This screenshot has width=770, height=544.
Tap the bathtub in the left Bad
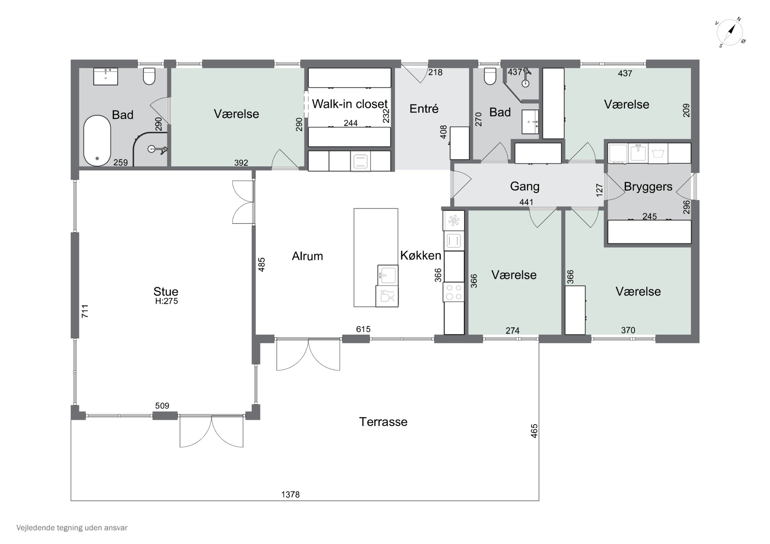97,141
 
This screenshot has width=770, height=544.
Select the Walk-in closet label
350,104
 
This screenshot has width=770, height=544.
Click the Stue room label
166,291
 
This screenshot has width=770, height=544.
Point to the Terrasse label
383,422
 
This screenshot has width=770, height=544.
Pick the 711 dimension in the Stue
85,311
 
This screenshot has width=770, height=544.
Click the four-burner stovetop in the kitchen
454,292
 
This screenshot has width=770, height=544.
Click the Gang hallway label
525,186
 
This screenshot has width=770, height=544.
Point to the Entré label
424,108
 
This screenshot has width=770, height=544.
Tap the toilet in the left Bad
149,76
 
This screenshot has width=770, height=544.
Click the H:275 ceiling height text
166,301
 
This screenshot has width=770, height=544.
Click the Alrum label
307,256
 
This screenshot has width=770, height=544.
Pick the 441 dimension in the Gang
526,202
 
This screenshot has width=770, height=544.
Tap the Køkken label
421,255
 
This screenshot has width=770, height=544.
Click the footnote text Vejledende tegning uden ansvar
72,528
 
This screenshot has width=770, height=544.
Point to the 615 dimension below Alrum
363,329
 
